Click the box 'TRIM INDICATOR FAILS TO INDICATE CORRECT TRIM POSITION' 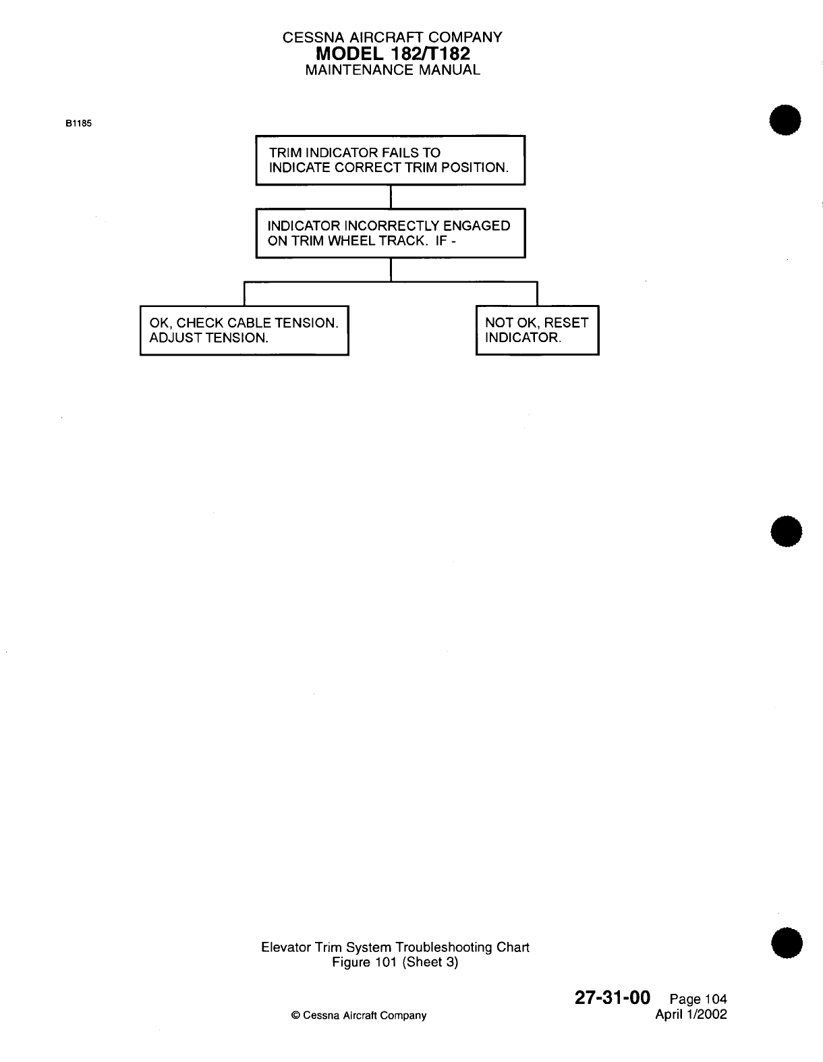coord(390,160)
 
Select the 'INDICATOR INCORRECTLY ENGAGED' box coord(390,233)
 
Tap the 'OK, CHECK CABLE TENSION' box coord(244,330)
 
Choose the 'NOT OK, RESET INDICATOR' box coord(537,330)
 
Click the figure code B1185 coord(78,124)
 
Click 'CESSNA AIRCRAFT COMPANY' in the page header coord(393,38)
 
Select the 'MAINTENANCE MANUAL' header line coord(393,69)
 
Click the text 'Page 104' coord(698,1000)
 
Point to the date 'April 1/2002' coord(691,1014)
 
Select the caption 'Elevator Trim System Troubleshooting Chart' coord(395,947)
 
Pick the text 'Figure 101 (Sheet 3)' coord(395,962)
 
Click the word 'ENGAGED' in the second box coord(476,226)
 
